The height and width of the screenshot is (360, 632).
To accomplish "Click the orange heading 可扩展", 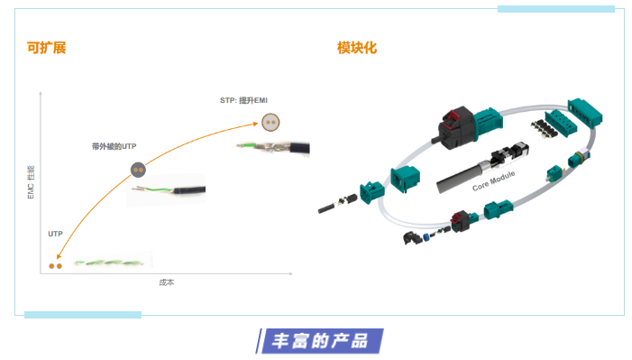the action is pyautogui.click(x=46, y=48).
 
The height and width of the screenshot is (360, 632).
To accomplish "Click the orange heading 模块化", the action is pyautogui.click(x=356, y=48).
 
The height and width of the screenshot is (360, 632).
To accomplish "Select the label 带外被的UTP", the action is pyautogui.click(x=114, y=145).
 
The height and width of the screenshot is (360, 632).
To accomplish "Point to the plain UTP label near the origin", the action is pyautogui.click(x=56, y=234).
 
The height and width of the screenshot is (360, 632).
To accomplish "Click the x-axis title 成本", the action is pyautogui.click(x=166, y=282).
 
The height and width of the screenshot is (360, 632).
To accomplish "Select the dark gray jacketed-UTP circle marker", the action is pyautogui.click(x=137, y=169).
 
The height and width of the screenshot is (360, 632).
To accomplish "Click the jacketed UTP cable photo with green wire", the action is pyautogui.click(x=169, y=189).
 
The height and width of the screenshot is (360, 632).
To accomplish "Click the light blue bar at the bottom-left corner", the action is pyautogui.click(x=82, y=315).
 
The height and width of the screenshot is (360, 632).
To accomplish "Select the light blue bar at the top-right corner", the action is pyautogui.click(x=555, y=9).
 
